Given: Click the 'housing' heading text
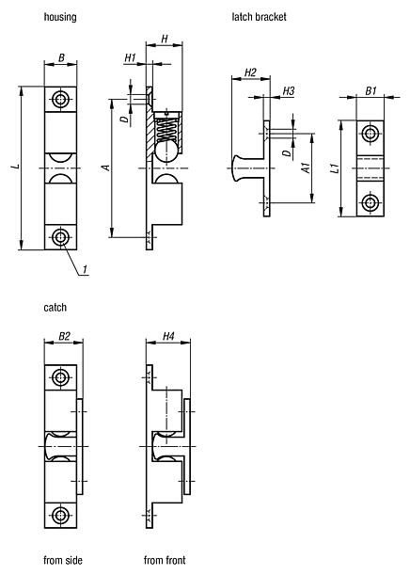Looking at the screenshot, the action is (x=60, y=17).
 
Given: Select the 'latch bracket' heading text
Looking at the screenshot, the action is (x=259, y=17).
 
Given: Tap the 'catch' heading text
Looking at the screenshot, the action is (x=55, y=308).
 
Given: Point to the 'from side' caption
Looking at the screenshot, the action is (x=63, y=560).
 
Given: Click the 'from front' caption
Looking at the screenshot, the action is (x=165, y=560).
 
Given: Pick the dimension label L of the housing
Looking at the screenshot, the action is (x=15, y=167).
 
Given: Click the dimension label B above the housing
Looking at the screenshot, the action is (x=61, y=57).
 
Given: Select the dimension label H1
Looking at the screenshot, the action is (x=130, y=57).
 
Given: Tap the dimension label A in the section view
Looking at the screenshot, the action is (x=106, y=168).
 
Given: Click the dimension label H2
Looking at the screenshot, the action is (x=250, y=72).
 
